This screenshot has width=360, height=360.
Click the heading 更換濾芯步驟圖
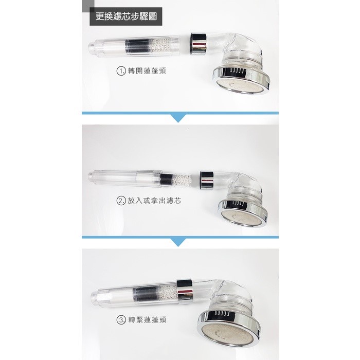[x=126, y=16]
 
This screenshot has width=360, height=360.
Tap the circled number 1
[x=121, y=71]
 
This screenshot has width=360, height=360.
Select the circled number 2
[x=121, y=201]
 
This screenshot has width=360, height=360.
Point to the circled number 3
[x=121, y=320]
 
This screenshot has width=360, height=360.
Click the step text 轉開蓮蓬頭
[x=147, y=71]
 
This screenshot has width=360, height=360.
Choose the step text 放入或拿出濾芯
[x=154, y=201]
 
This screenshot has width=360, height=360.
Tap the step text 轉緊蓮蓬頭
[x=147, y=320]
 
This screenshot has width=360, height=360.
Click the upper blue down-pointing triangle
[x=178, y=118]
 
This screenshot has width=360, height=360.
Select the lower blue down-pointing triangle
[x=178, y=242]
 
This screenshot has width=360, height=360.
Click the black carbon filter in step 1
[x=137, y=48]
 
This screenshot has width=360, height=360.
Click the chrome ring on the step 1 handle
[x=199, y=44]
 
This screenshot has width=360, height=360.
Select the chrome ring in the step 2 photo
[x=207, y=181]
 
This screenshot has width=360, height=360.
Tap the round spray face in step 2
[x=243, y=217]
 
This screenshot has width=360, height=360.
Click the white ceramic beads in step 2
[x=182, y=180]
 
